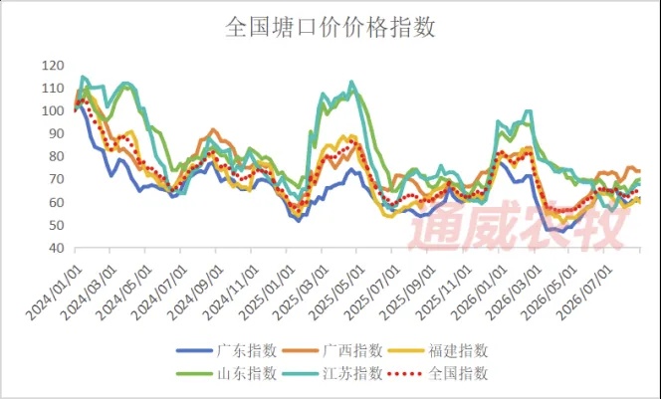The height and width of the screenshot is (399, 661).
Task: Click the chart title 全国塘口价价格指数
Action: coord(330,28)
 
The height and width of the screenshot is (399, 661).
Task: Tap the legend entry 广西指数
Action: coord(332,350)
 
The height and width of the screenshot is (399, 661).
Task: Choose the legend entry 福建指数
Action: coord(438,350)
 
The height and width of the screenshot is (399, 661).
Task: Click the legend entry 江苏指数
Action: coord(332,373)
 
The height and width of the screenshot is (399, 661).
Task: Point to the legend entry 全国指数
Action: coord(438,373)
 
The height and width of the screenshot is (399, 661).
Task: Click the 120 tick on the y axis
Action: coord(53,66)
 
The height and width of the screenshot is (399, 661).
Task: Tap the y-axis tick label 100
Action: coord(53,110)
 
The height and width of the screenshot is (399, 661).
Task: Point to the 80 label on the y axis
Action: coord(56,156)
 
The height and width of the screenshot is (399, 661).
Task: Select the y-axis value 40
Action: coord(56,248)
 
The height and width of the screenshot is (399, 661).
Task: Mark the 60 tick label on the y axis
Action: coord(56,202)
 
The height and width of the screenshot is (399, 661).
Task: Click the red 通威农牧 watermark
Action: coord(518,226)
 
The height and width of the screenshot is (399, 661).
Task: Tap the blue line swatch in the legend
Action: coord(194,350)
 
